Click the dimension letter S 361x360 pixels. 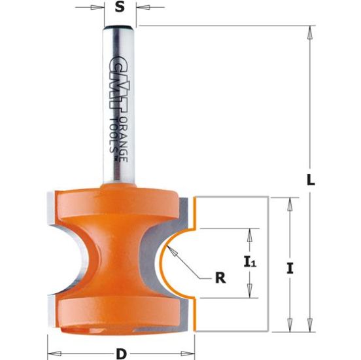pyautogui.click(x=119, y=8)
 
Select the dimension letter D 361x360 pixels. pyautogui.click(x=120, y=354)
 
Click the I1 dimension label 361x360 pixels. pyautogui.click(x=249, y=263)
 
